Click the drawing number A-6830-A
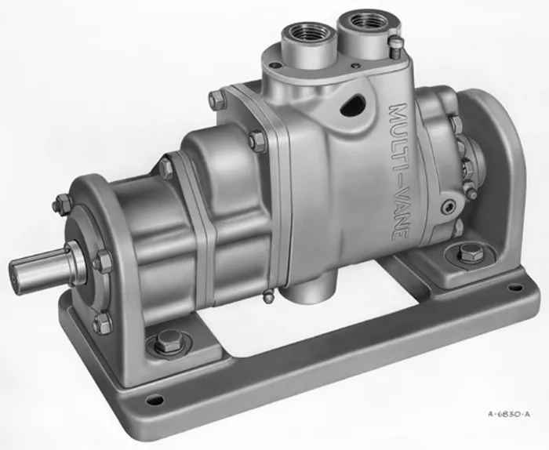click(509, 415)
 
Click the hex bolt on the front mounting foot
click(169, 340)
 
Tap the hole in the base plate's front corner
click(155, 399)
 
